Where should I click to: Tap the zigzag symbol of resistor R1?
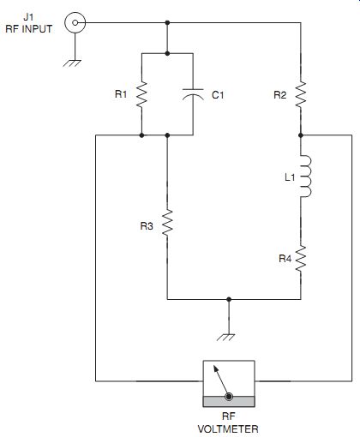click(141, 95)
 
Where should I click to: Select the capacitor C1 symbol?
click(193, 94)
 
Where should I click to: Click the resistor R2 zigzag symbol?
click(301, 94)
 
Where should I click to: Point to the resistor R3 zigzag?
click(167, 223)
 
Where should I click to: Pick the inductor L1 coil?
click(306, 177)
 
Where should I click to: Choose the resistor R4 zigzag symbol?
click(301, 259)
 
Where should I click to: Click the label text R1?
click(121, 94)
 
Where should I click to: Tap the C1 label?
click(218, 95)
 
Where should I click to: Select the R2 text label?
click(280, 95)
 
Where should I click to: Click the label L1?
click(290, 177)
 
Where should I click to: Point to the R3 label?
click(147, 226)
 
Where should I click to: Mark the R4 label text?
click(285, 259)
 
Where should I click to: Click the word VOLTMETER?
click(228, 429)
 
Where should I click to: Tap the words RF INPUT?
click(29, 29)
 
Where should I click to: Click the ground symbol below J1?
click(72, 63)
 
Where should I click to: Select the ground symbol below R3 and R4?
click(226, 338)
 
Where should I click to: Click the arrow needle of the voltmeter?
click(220, 380)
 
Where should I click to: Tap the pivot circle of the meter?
click(229, 397)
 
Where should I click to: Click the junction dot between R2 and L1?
click(301, 135)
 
